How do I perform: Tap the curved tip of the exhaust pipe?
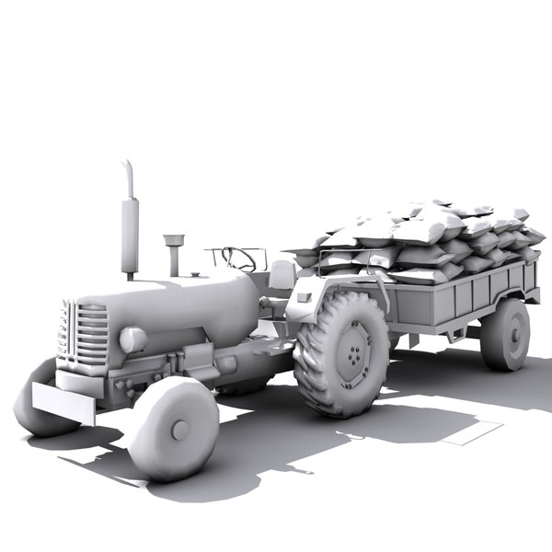pos(128,170)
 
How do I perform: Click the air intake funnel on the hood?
pos(172,244)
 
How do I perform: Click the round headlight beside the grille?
pos(133,340)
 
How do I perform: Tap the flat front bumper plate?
pos(63,403)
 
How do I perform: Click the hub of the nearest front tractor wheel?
pos(179,429)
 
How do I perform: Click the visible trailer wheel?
pos(505,334)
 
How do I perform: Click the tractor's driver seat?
pos(282,274)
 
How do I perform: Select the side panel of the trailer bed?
pos(460,299)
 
